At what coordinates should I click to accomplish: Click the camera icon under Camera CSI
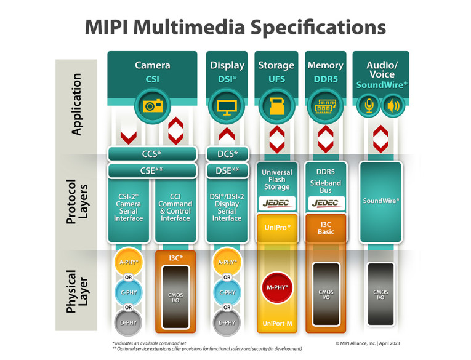151,106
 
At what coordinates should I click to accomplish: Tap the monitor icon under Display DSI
227,106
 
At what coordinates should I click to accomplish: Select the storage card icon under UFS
276,106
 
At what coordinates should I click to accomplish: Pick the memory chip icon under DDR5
324,106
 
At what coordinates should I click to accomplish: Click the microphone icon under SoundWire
369,106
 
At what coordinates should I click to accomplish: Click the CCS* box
151,153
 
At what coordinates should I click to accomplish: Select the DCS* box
227,153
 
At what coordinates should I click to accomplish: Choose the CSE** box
151,170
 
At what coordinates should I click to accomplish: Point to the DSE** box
227,170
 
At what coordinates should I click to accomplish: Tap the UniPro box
276,227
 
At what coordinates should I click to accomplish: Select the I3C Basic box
324,227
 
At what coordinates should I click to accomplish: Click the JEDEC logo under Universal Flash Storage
276,202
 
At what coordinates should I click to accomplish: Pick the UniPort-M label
276,324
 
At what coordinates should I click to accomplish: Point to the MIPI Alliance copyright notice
371,343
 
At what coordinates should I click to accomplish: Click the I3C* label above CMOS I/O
176,258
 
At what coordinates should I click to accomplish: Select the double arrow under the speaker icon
381,136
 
